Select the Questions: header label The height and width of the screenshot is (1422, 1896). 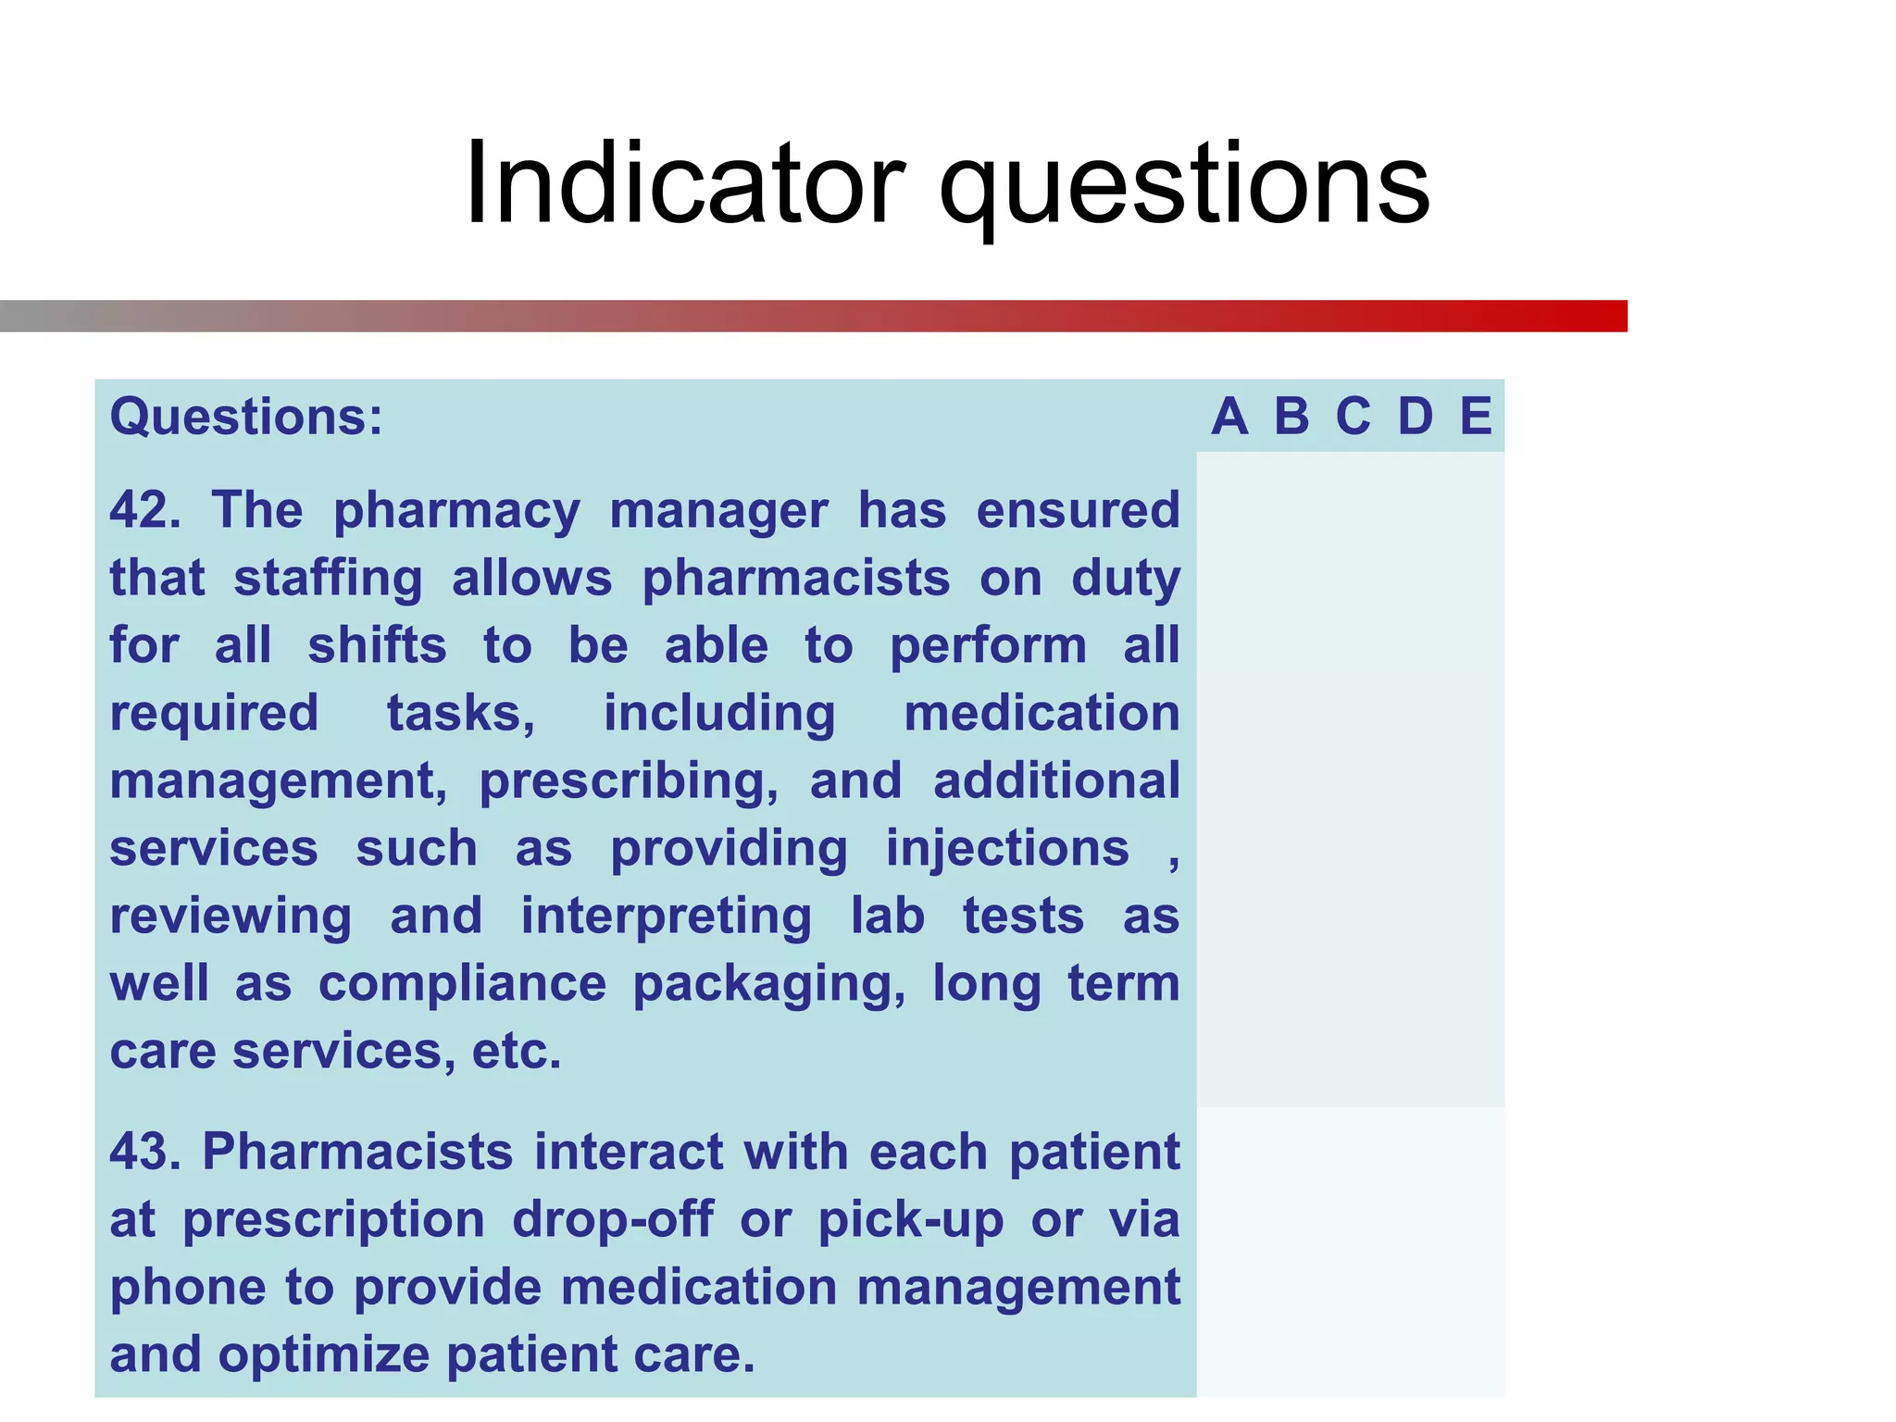point(246,417)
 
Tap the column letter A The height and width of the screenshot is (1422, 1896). point(1229,417)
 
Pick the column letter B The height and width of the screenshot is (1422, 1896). point(1291,417)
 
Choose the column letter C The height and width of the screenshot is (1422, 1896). point(1353,417)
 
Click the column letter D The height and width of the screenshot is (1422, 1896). point(1415,417)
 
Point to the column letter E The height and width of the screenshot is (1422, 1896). point(1476,417)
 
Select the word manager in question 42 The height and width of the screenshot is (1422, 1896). point(718,510)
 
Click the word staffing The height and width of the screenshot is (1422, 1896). point(328,578)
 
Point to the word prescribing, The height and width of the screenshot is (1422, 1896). point(629,781)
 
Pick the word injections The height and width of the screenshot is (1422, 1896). point(1007,849)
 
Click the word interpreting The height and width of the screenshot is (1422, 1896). point(666,917)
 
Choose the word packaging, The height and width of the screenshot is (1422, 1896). point(769,984)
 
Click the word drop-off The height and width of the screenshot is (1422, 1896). point(613,1219)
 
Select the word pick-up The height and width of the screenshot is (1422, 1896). point(911,1219)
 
